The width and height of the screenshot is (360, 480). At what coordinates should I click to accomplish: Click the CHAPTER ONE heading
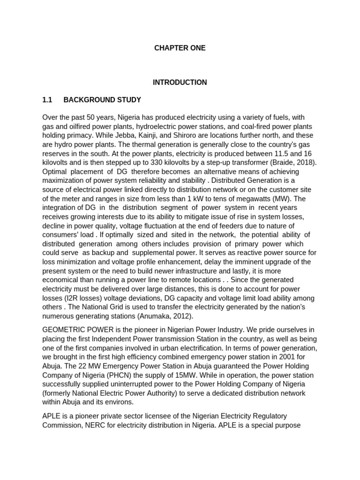pos(180,48)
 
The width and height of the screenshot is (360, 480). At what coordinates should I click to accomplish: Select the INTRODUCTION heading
pos(180,82)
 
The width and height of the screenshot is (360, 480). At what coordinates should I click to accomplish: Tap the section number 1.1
pos(47,100)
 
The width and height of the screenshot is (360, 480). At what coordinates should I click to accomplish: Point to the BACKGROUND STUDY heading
pos(102,100)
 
